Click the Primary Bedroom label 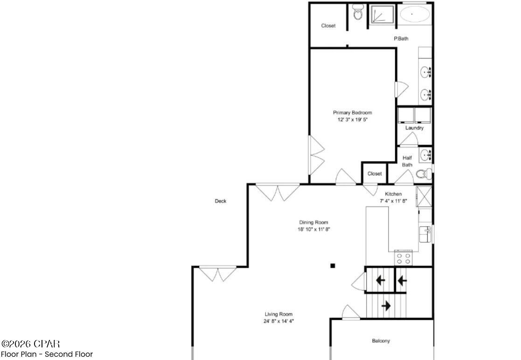(352, 112)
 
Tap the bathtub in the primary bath (415, 14)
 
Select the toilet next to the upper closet (358, 13)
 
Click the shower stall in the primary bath (382, 14)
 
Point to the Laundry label (414, 128)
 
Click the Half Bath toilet (423, 174)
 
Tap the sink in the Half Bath (425, 154)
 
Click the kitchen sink (425, 235)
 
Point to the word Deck (221, 201)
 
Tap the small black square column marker (333, 266)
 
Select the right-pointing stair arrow (386, 306)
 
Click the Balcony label (381, 341)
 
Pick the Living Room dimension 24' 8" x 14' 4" (279, 321)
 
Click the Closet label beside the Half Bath (375, 173)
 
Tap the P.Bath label (401, 39)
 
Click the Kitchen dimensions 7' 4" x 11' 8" (393, 201)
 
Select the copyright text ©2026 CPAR (31, 344)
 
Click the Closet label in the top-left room (328, 26)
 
